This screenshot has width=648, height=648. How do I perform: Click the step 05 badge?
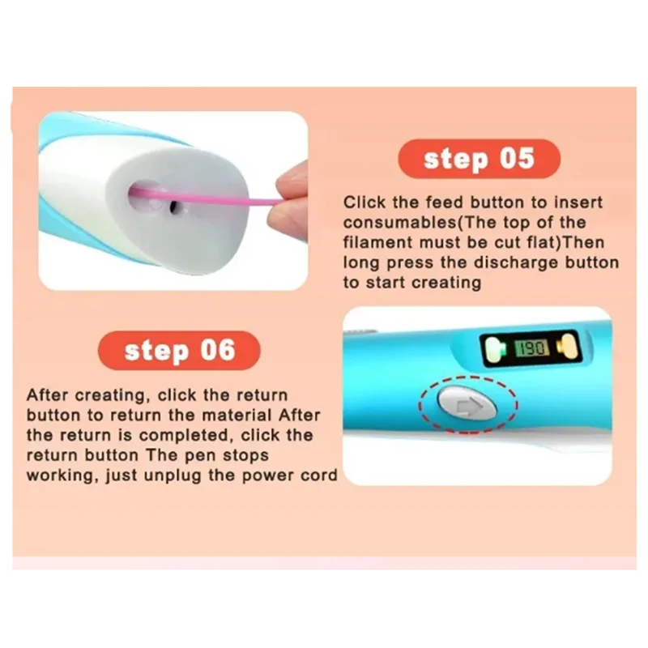pyautogui.click(x=479, y=159)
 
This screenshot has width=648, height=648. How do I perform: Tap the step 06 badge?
pyautogui.click(x=179, y=351)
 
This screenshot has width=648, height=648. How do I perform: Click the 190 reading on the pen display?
pyautogui.click(x=532, y=348)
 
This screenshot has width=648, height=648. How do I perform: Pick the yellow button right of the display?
pyautogui.click(x=569, y=347)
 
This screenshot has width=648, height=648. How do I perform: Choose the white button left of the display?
pyautogui.click(x=494, y=349)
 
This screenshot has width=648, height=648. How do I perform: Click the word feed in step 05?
pyautogui.click(x=444, y=202)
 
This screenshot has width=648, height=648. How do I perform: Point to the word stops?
pyautogui.click(x=245, y=456)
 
